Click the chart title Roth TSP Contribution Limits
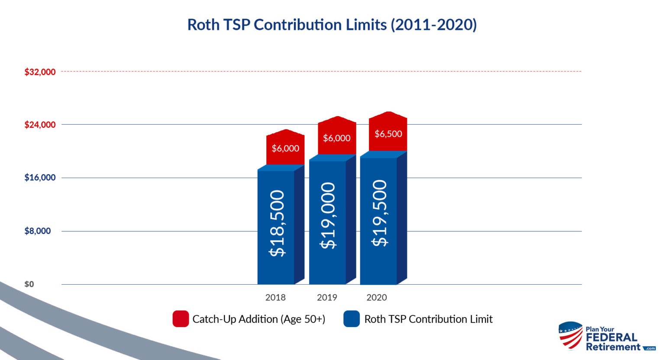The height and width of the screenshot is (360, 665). pyautogui.click(x=332, y=25)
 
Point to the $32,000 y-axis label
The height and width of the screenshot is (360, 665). pyautogui.click(x=40, y=72)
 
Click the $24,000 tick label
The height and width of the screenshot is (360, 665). pyautogui.click(x=40, y=125)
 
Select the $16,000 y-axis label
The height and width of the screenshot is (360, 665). pyautogui.click(x=40, y=178)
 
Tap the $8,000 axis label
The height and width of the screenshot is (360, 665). pyautogui.click(x=38, y=231)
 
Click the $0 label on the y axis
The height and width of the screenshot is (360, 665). pyautogui.click(x=29, y=284)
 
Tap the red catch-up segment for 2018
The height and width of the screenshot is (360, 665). pyautogui.click(x=285, y=148)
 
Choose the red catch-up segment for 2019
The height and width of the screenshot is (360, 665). pyautogui.click(x=337, y=138)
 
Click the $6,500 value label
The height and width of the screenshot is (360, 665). pyautogui.click(x=388, y=134)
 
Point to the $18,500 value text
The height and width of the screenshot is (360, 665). pyautogui.click(x=277, y=223)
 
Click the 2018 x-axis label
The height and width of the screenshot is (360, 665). pyautogui.click(x=275, y=298)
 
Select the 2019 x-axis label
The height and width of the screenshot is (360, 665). pyautogui.click(x=327, y=298)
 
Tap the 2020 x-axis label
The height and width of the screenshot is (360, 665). pyautogui.click(x=377, y=298)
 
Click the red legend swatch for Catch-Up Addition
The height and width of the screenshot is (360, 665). pyautogui.click(x=181, y=319)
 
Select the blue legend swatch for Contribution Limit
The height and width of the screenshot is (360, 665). pyautogui.click(x=352, y=319)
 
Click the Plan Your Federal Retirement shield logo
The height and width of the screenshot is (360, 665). pyautogui.click(x=571, y=335)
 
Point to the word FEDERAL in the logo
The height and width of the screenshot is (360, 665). pyautogui.click(x=611, y=338)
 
